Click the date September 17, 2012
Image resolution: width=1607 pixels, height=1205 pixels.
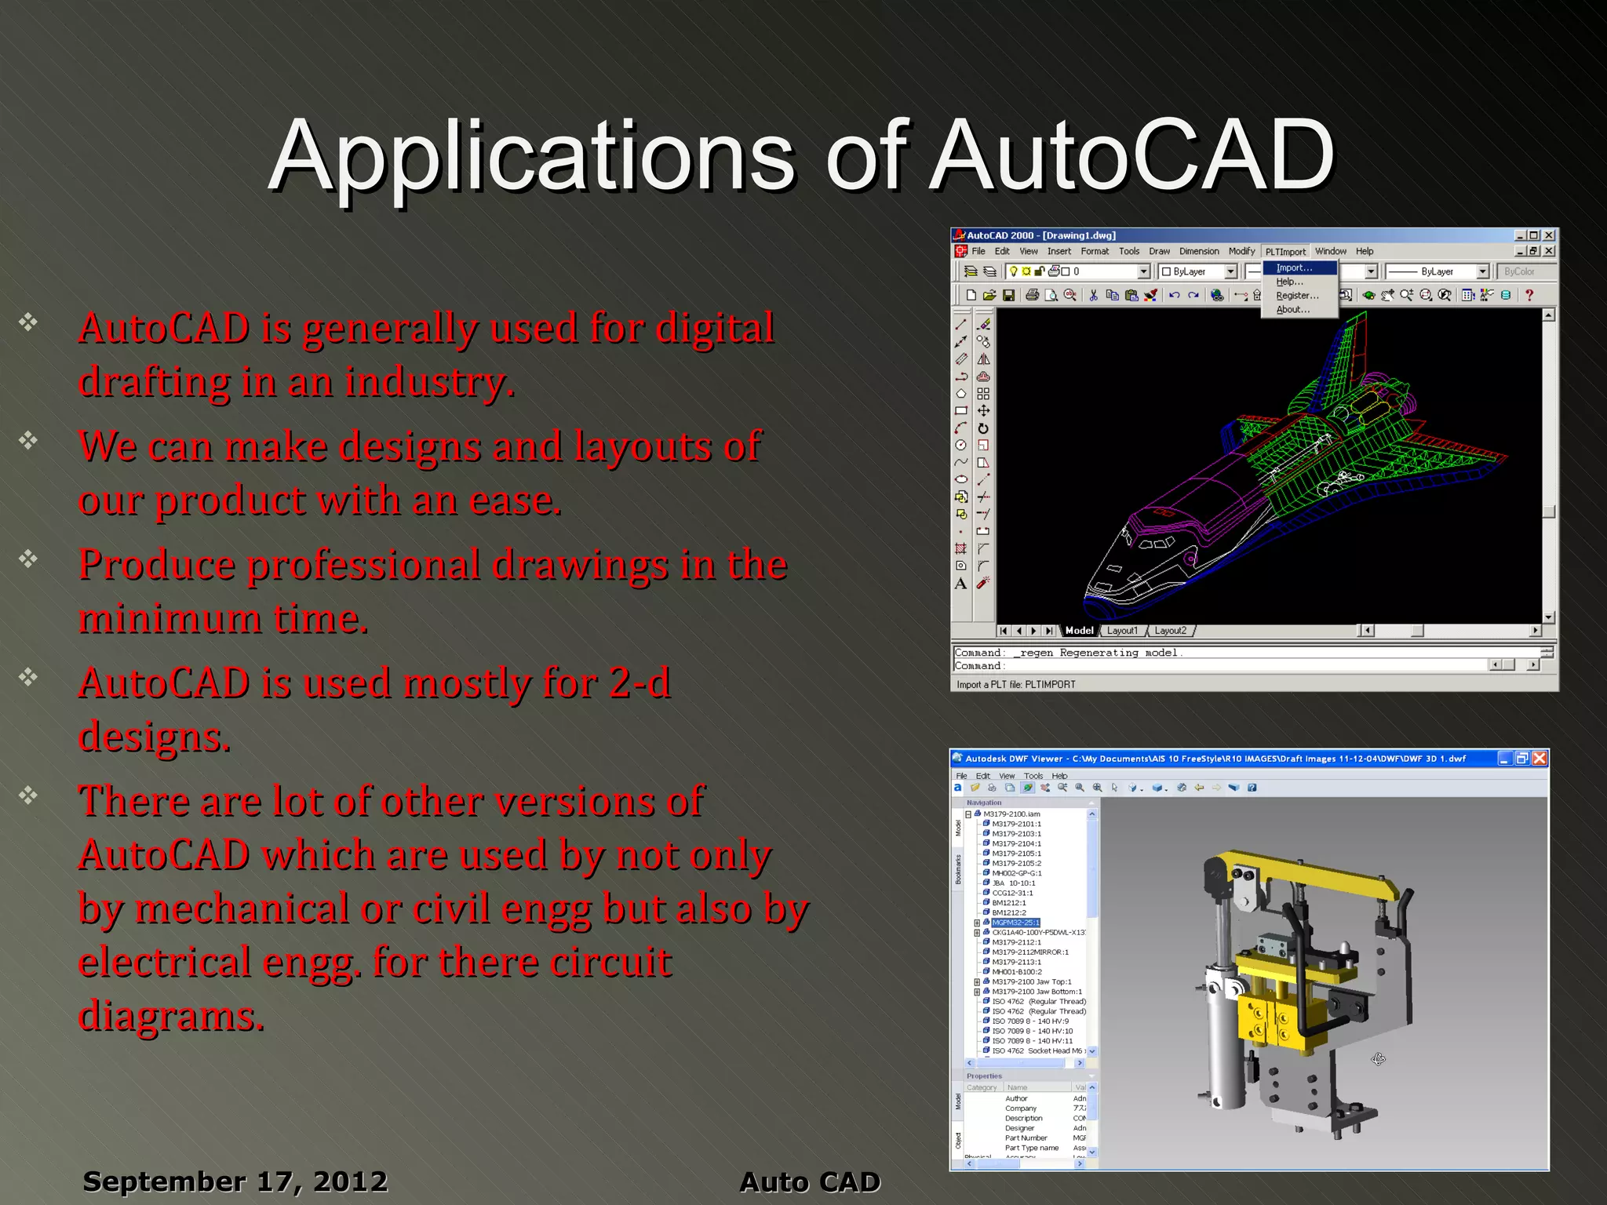pos(235,1181)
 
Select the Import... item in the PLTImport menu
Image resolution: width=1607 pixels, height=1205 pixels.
pos(1294,268)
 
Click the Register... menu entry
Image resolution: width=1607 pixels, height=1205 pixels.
pos(1297,296)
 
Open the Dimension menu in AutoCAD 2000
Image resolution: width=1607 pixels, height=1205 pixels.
pos(1198,251)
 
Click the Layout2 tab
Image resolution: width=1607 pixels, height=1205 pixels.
pos(1170,631)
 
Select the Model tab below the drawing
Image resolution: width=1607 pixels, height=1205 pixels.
pos(1079,631)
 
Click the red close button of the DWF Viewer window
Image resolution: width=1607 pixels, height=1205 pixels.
pos(1540,758)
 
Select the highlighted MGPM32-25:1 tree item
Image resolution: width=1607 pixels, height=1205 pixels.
pos(1015,923)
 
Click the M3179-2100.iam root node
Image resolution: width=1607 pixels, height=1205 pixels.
pos(1011,814)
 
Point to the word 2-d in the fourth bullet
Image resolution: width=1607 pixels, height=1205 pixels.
pos(640,683)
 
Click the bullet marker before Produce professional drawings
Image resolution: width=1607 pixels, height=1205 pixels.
pos(28,559)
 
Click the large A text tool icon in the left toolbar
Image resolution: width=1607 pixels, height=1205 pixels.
pos(960,584)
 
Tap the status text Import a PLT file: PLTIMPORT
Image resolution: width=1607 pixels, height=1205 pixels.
pos(1015,685)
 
